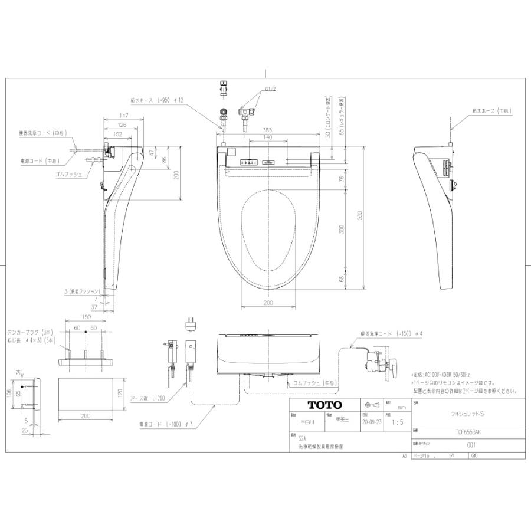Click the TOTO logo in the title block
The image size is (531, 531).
click(324, 405)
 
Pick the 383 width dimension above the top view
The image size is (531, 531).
click(268, 130)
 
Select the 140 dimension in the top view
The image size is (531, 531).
click(268, 137)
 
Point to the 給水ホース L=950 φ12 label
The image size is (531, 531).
click(157, 100)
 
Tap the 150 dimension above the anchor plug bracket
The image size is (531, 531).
click(86, 317)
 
